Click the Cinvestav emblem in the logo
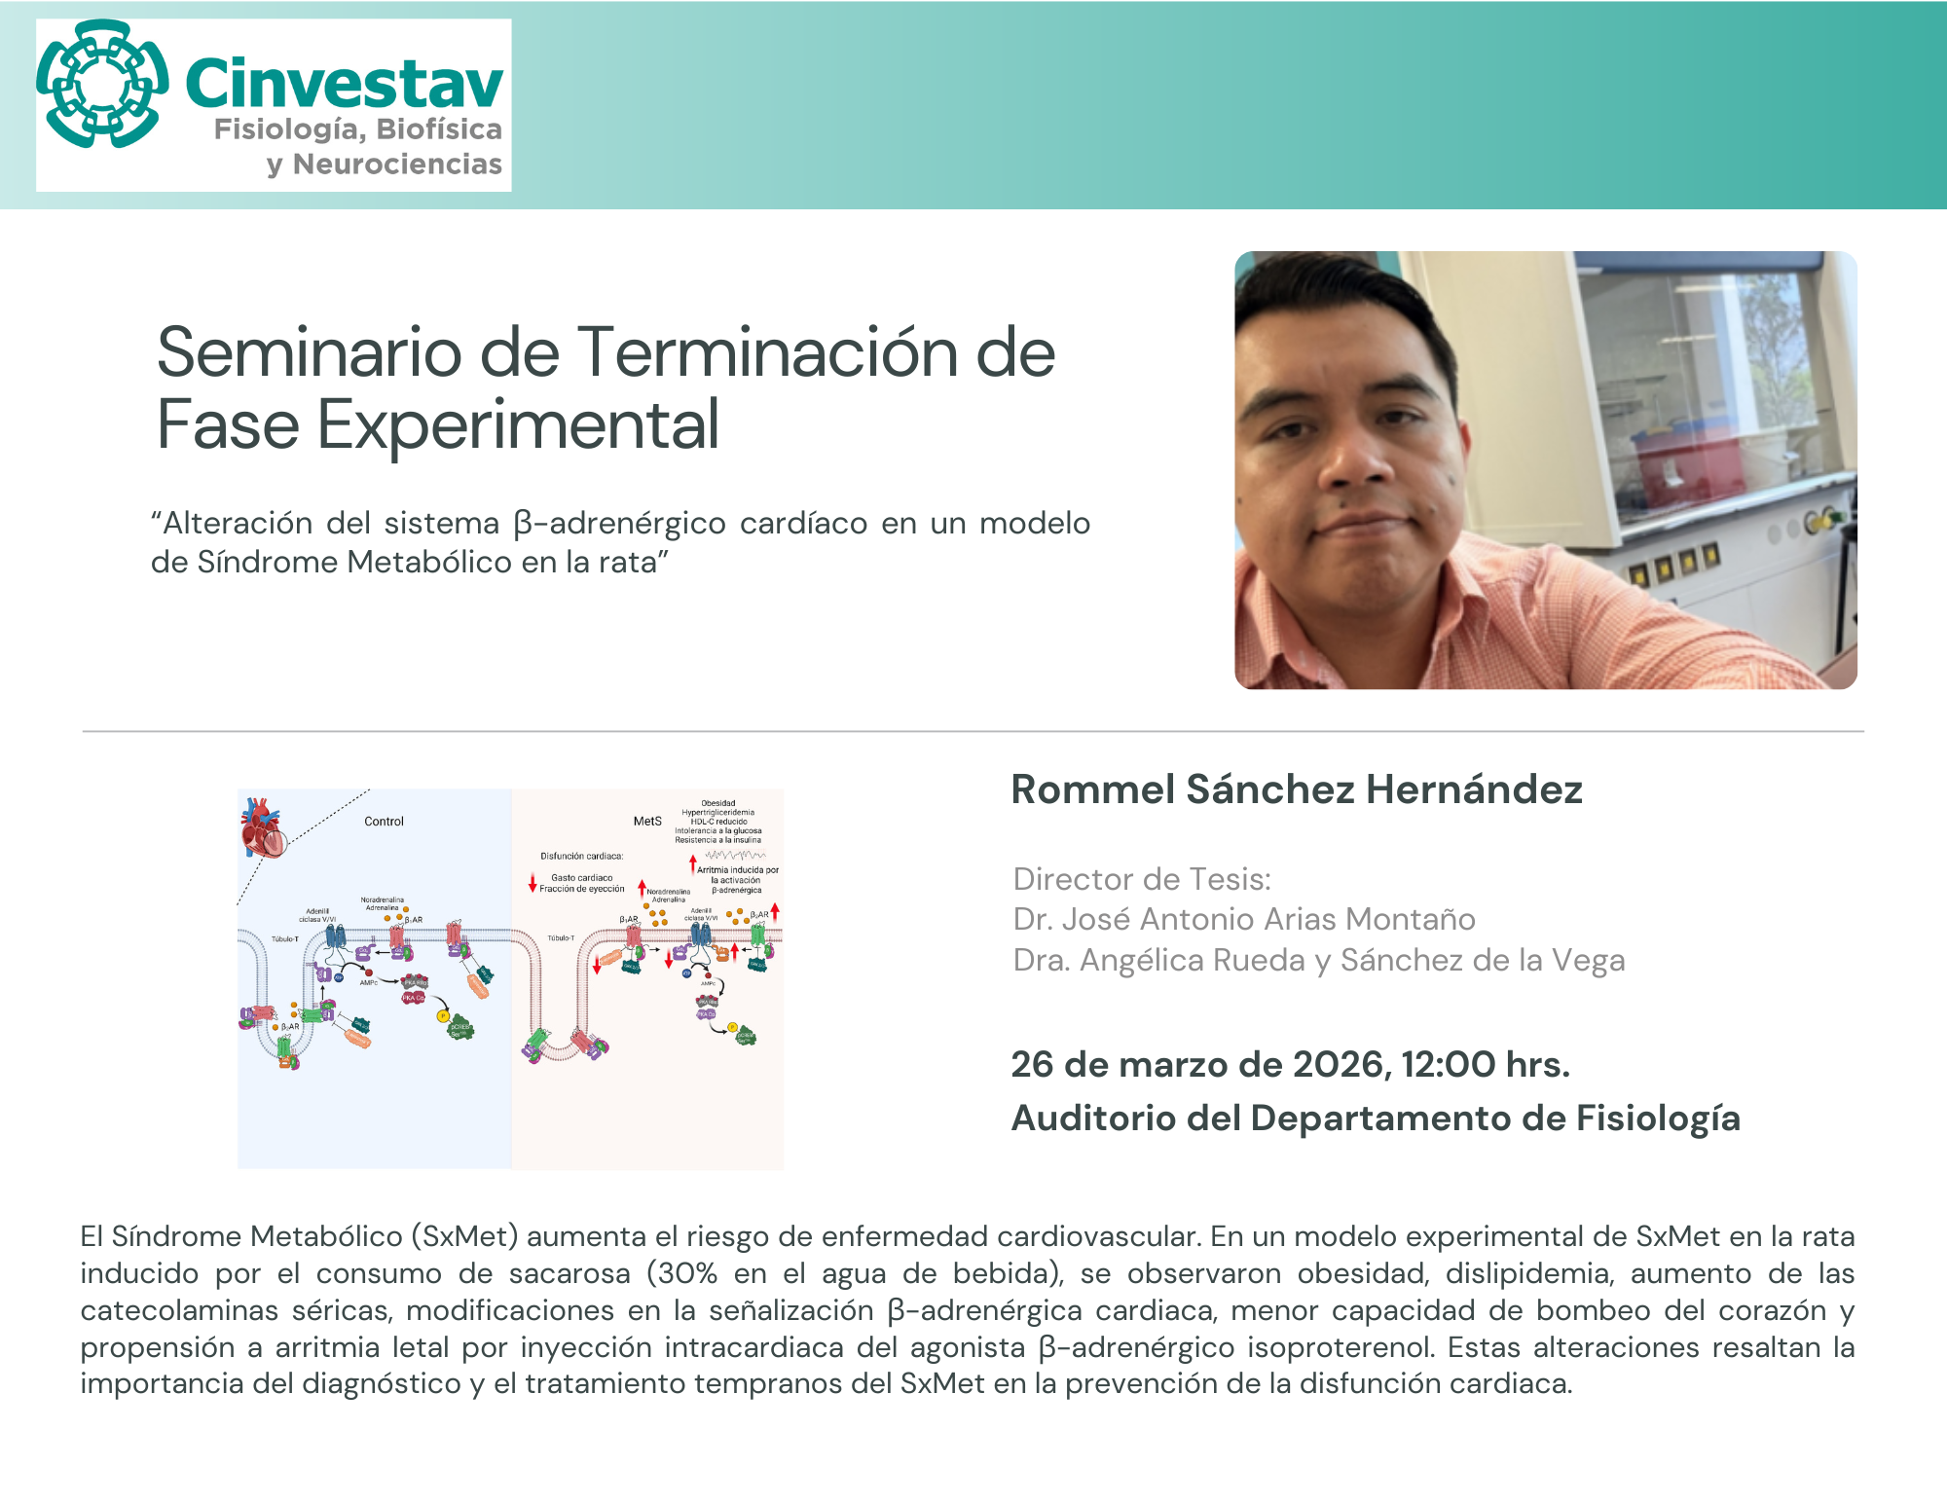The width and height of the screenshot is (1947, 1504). pos(101,84)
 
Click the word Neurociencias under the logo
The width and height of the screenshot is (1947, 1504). pos(397,165)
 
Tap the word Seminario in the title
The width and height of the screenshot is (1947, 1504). pos(309,352)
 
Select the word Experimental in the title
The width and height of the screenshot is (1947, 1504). pos(518,425)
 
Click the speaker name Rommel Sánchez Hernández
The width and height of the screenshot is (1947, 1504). pos(1296,789)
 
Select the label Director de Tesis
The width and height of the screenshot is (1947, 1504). pos(1142,879)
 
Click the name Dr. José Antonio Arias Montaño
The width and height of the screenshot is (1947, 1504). pos(1243,919)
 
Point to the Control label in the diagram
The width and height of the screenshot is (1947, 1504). pos(384,822)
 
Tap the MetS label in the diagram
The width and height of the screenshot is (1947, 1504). pos(647,822)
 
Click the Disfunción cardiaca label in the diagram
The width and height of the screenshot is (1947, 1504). pos(581,857)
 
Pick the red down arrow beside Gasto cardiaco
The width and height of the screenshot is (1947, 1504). pos(533,883)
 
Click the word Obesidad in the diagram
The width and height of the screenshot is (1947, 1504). pos(718,803)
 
